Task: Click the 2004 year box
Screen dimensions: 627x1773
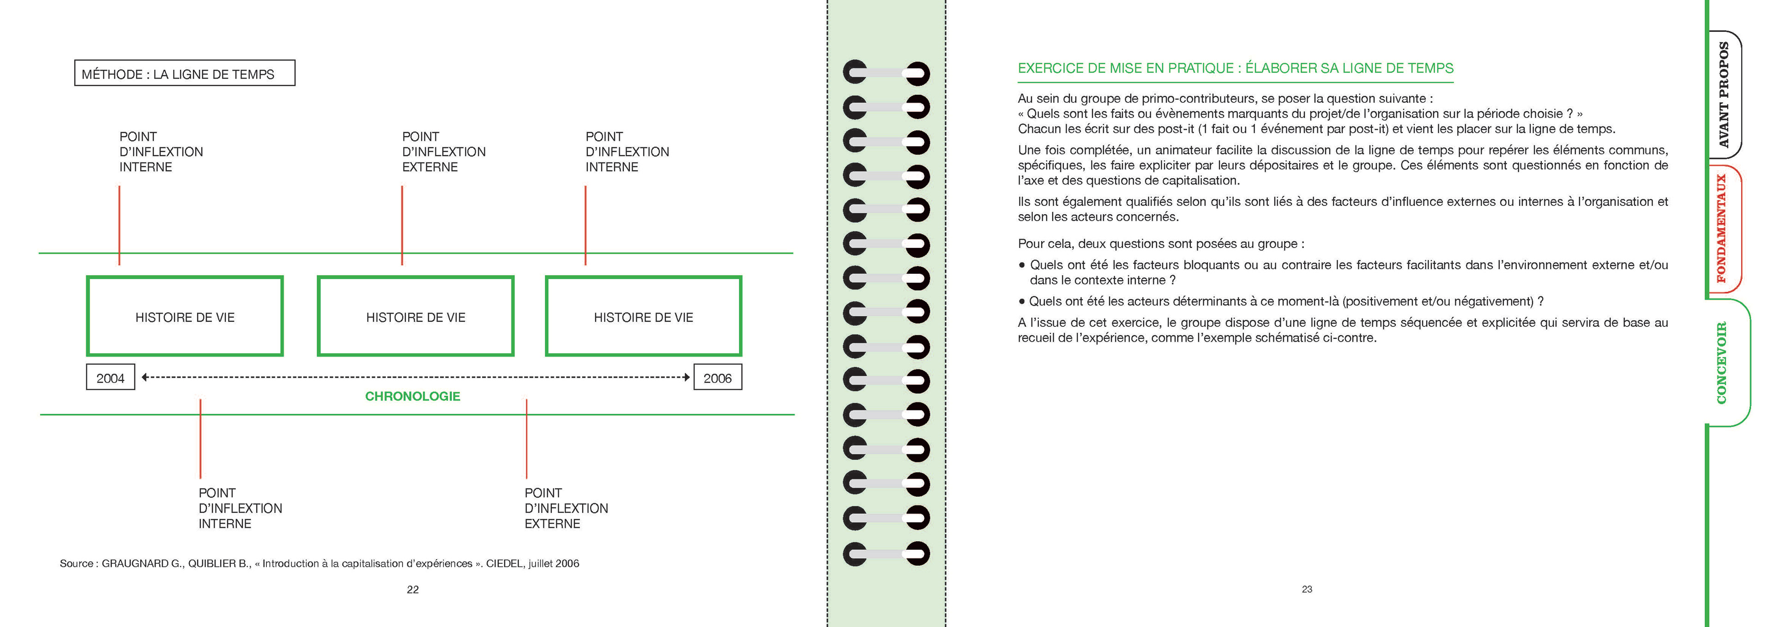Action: point(110,377)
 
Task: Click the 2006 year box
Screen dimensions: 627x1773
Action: point(717,377)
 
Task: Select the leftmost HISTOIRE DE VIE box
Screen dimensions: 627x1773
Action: point(185,317)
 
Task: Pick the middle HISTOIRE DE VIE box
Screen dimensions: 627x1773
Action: point(415,317)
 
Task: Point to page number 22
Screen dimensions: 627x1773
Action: point(412,589)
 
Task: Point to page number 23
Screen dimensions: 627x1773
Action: point(1306,589)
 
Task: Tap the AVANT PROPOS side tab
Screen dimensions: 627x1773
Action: point(1724,95)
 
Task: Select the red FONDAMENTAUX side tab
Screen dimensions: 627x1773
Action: point(1722,229)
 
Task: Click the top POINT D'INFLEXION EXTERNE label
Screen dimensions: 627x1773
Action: point(443,151)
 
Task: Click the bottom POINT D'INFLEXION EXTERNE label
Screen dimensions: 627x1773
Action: point(566,508)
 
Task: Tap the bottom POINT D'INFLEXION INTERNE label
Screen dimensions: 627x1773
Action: point(240,508)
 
